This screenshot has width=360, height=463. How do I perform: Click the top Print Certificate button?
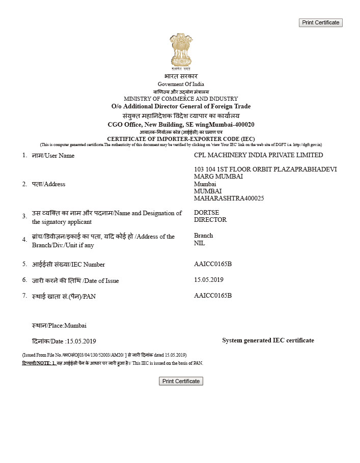[320, 22]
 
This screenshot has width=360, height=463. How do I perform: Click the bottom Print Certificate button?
[181, 381]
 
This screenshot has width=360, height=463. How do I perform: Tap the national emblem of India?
[181, 51]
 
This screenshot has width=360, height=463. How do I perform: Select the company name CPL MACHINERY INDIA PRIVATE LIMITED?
[258, 155]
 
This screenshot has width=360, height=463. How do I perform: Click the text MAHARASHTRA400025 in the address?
[229, 198]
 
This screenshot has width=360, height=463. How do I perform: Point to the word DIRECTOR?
[210, 220]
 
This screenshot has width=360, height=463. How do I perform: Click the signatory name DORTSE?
[206, 213]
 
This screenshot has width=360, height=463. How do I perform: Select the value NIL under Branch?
[199, 243]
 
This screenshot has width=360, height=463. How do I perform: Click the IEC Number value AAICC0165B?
[213, 264]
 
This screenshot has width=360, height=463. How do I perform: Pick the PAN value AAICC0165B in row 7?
[213, 296]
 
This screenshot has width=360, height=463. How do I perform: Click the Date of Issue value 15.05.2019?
[209, 280]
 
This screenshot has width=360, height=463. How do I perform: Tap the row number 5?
[24, 264]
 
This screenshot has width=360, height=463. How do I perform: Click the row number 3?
[24, 216]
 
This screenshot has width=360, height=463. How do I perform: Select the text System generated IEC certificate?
[268, 340]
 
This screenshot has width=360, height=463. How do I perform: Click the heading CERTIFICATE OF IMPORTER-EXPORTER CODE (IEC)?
[181, 139]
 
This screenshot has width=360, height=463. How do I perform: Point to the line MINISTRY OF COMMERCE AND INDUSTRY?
[181, 99]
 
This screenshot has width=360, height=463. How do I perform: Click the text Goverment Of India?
[181, 84]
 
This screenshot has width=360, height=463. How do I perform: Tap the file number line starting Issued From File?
[104, 355]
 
